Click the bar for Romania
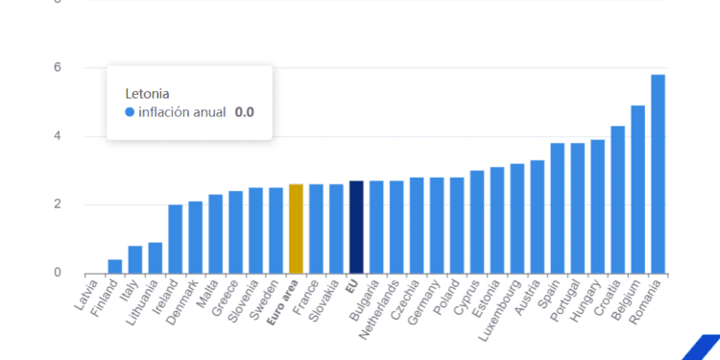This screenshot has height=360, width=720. click(x=658, y=174)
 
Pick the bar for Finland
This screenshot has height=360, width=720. click(x=115, y=266)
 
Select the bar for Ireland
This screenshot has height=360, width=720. click(x=176, y=239)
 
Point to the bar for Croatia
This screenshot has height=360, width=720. click(x=617, y=200)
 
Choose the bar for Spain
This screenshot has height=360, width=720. click(x=557, y=208)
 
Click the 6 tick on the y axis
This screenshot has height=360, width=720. click(x=58, y=67)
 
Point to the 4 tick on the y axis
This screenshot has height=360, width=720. click(x=58, y=136)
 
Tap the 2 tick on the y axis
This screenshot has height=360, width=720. click(x=58, y=204)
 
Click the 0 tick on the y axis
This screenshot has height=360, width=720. click(x=58, y=273)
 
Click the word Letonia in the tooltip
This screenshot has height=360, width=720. click(x=148, y=93)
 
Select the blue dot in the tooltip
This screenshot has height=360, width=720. click(x=131, y=112)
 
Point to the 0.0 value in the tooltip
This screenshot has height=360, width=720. click(x=244, y=112)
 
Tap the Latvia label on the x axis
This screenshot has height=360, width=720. click(x=86, y=292)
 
